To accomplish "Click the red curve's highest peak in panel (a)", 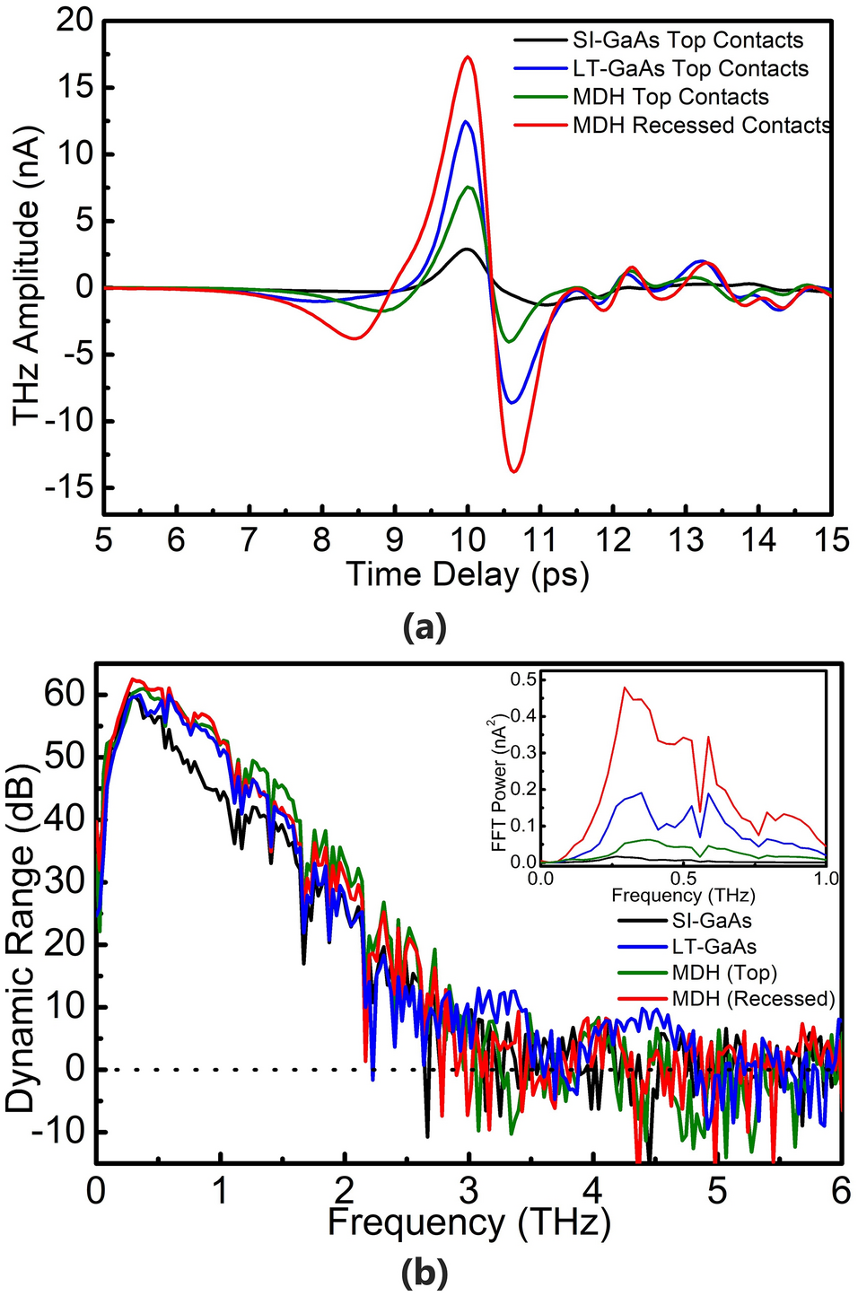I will click(x=468, y=57).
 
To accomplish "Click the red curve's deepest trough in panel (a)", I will click(x=513, y=470).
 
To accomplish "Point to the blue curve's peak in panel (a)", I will click(x=466, y=121).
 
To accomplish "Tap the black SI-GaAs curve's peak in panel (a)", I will click(x=466, y=249).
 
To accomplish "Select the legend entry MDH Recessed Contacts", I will click(x=701, y=126).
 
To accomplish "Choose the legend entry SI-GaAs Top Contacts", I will click(x=687, y=40).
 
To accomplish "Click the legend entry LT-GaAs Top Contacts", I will click(x=690, y=69).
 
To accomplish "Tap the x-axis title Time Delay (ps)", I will click(x=468, y=574).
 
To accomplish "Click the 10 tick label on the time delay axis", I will click(x=468, y=540).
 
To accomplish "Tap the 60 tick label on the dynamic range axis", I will click(x=65, y=694).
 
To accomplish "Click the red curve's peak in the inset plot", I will click(x=625, y=688).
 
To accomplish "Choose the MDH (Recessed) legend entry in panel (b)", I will click(x=753, y=999).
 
